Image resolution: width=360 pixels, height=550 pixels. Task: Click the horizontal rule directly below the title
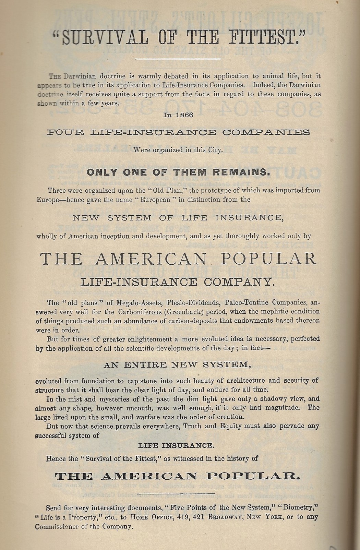(178, 59)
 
